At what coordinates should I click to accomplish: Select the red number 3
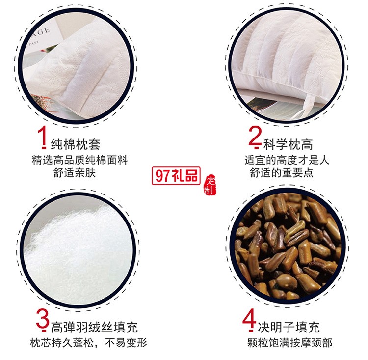(x=43, y=319)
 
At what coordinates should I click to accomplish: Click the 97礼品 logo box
(x=177, y=175)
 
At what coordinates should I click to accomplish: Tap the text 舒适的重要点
(x=281, y=173)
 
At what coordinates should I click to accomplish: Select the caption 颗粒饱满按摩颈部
(x=289, y=343)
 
